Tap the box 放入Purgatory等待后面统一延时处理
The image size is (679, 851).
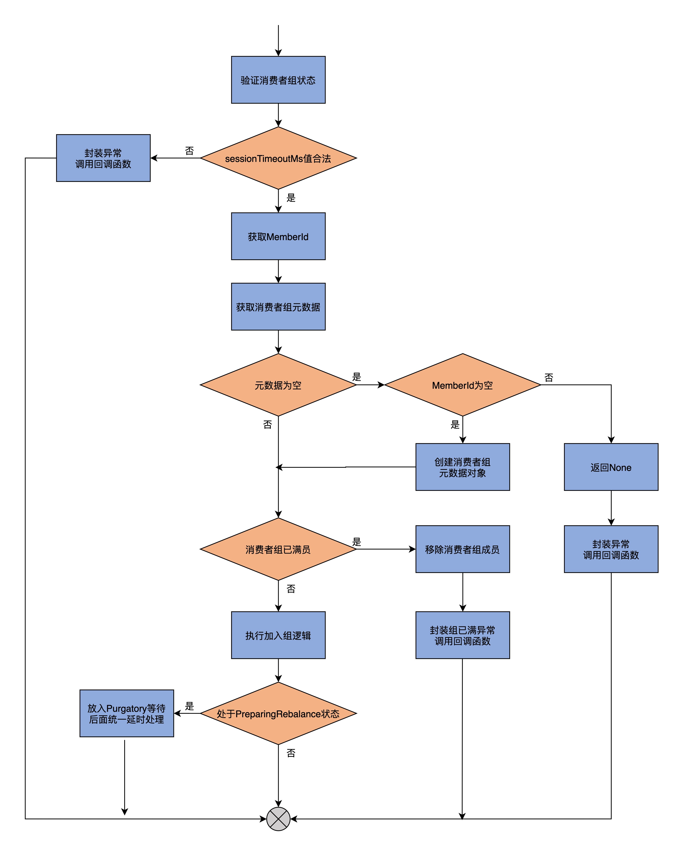click(x=127, y=713)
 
